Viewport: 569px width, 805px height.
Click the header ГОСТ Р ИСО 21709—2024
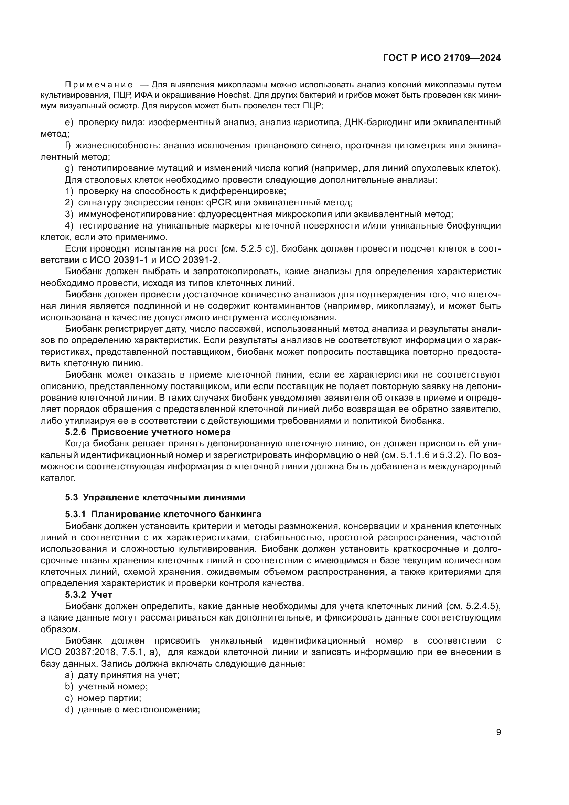tap(442, 58)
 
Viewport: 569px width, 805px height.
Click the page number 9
tap(498, 732)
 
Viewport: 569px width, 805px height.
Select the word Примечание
tap(99, 85)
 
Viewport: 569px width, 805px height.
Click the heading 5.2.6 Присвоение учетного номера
tap(148, 432)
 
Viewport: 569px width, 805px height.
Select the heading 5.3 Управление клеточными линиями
tap(155, 497)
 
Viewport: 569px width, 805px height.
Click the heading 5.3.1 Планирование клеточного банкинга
tap(163, 514)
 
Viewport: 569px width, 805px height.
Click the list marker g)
tap(69, 168)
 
